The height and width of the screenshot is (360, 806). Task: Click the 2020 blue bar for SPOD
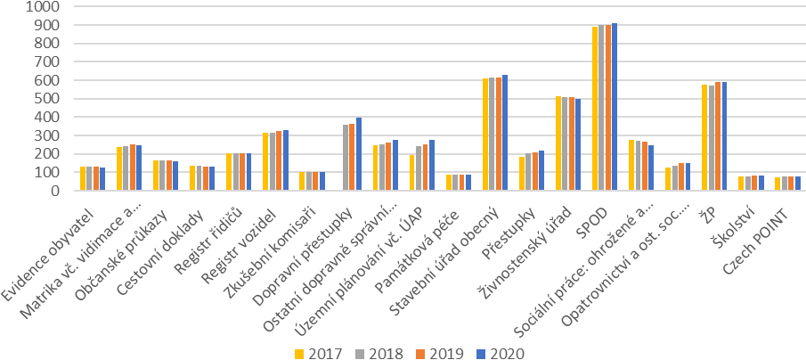[615, 107]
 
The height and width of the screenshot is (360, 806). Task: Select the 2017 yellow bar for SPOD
[595, 109]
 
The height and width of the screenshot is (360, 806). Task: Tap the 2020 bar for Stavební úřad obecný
[505, 133]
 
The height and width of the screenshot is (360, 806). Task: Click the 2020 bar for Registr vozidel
[286, 160]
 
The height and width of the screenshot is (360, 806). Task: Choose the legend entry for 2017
[319, 352]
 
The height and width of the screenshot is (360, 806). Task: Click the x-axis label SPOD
[590, 215]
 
